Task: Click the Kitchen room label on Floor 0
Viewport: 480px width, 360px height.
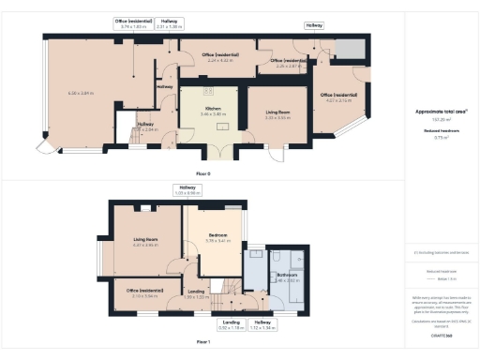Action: [208, 108]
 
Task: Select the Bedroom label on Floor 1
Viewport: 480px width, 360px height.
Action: [217, 235]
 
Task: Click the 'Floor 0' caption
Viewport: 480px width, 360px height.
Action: [202, 174]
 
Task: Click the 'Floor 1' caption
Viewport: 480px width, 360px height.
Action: [202, 342]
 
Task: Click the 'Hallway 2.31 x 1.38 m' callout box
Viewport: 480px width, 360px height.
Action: [171, 22]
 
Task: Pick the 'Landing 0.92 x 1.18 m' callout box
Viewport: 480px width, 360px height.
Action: [230, 325]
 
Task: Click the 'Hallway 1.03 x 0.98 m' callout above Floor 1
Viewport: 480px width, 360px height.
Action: [188, 190]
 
